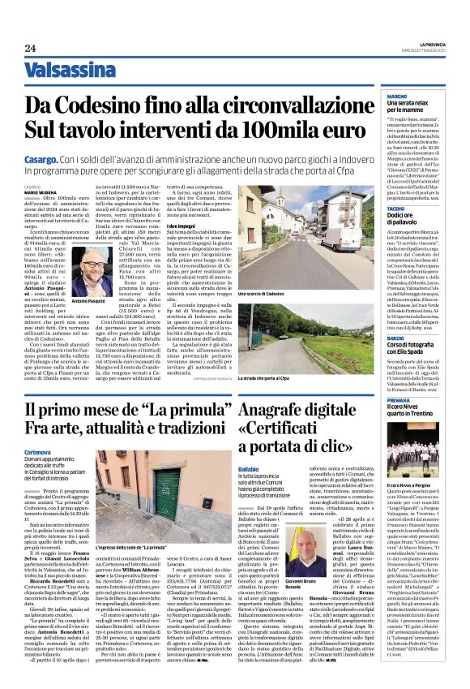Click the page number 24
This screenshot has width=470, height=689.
(x=30, y=47)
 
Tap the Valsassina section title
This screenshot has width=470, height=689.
(x=69, y=71)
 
